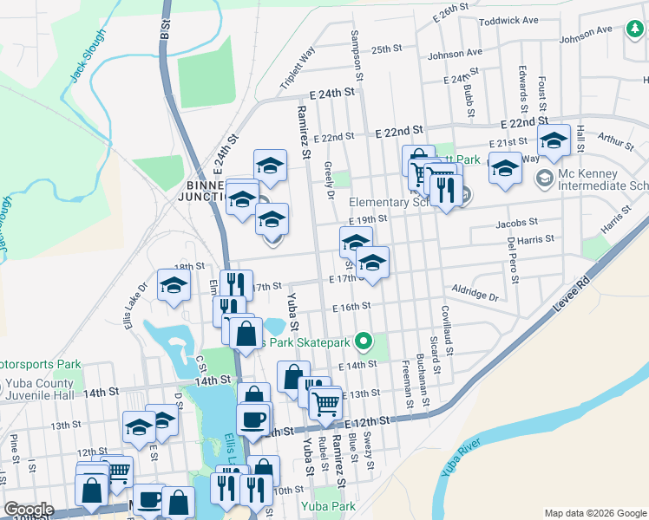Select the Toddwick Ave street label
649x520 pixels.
pyautogui.click(x=508, y=20)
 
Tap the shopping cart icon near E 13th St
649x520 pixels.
pyautogui.click(x=325, y=403)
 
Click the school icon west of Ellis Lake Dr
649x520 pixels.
pyautogui.click(x=174, y=285)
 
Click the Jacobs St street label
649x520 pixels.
pyautogui.click(x=517, y=223)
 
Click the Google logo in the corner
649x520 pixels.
pyautogui.click(x=29, y=510)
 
